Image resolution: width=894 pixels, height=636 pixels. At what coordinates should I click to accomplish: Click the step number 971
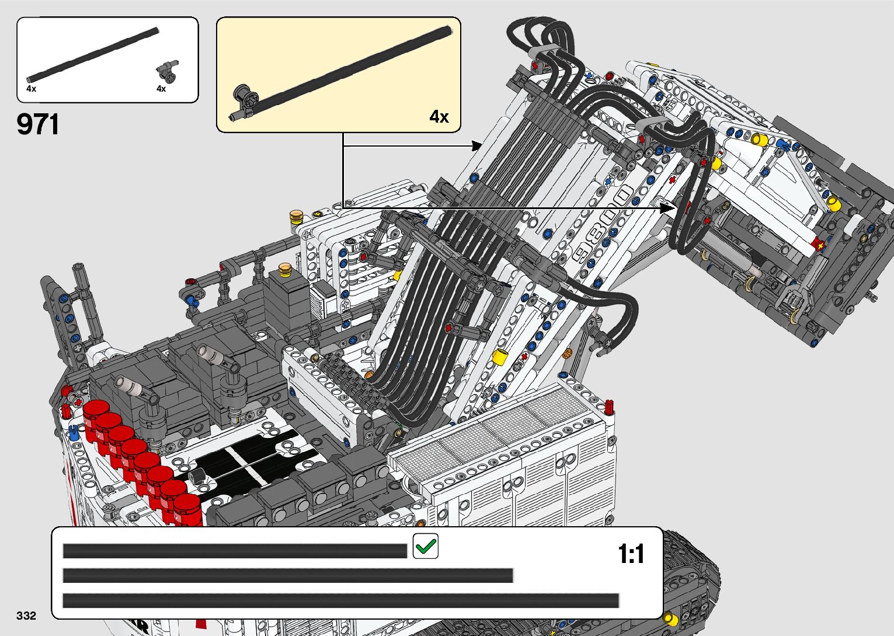[38, 124]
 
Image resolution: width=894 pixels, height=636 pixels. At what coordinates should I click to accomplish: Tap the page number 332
[26, 616]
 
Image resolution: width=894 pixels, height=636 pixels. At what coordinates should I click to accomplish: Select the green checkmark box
[425, 546]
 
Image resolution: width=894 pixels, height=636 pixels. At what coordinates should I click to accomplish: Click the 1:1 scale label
[631, 554]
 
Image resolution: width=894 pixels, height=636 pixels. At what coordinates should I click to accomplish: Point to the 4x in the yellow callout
[439, 117]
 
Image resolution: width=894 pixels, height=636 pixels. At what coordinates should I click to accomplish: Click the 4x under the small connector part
[161, 89]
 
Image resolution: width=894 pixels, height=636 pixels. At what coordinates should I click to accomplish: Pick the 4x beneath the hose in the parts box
[32, 89]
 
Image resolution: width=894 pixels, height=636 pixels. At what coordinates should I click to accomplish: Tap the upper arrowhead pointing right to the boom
[476, 145]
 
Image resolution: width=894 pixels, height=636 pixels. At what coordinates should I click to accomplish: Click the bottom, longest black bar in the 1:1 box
[340, 600]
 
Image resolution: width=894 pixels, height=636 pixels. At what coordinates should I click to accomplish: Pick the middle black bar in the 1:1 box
[287, 575]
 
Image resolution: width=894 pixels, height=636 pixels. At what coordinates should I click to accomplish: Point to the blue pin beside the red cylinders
[73, 433]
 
